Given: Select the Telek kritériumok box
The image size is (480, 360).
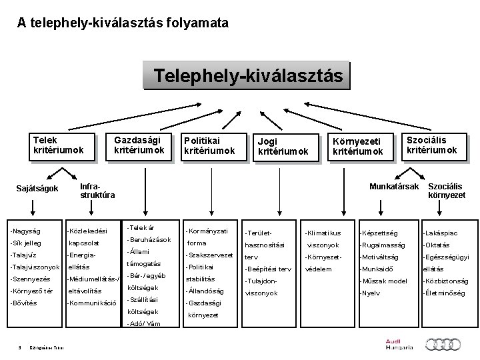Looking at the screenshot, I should [x=59, y=145].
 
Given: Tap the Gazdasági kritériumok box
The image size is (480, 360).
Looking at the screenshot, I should [x=139, y=145].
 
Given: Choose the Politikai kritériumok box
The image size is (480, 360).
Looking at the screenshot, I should [x=209, y=145].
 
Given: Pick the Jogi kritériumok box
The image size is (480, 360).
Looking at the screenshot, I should [x=283, y=146].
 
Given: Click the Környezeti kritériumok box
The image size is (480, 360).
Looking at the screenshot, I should [x=359, y=146].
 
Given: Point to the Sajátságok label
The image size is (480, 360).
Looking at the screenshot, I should [x=37, y=189].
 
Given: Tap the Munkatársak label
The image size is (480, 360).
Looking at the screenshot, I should [x=394, y=185].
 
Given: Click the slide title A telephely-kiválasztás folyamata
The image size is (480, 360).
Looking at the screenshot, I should [x=123, y=23].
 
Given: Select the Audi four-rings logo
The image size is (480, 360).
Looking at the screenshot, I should [x=442, y=344].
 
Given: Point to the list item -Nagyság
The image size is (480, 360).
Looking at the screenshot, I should [x=25, y=231].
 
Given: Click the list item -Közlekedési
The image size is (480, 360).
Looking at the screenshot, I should [x=87, y=231].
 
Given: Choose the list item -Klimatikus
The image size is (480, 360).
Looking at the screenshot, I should [x=322, y=233].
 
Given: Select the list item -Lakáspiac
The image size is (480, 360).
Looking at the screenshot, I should [x=440, y=233].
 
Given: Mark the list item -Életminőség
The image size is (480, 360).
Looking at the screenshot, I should [x=444, y=293].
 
